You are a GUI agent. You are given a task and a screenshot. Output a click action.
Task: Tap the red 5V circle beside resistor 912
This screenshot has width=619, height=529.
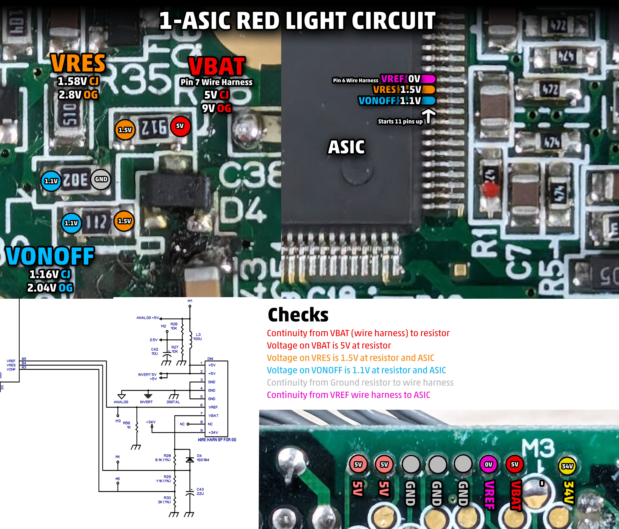[180, 126]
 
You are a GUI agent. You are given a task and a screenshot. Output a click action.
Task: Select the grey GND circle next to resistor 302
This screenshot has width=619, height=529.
[101, 179]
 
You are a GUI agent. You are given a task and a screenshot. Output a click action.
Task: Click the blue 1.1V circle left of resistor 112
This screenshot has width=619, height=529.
[71, 223]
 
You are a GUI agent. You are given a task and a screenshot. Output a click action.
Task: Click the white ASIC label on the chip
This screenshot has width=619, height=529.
[346, 147]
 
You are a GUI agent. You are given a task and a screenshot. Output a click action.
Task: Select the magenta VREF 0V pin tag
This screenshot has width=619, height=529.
[408, 79]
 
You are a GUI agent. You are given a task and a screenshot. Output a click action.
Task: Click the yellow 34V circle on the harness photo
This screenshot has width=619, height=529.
[567, 466]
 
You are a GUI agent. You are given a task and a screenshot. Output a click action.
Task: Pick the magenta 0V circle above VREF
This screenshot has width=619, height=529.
[488, 464]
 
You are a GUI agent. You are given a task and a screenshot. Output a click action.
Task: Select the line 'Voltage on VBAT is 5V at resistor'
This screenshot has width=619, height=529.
[329, 345]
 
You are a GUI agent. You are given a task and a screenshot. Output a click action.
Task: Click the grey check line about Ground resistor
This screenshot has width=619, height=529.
[360, 382]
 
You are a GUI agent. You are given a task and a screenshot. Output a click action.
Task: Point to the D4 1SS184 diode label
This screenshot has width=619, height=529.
[203, 458]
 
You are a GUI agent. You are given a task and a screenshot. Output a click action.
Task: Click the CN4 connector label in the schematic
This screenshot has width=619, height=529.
[210, 359]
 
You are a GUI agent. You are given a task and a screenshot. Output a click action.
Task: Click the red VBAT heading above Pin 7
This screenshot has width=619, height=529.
[217, 66]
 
